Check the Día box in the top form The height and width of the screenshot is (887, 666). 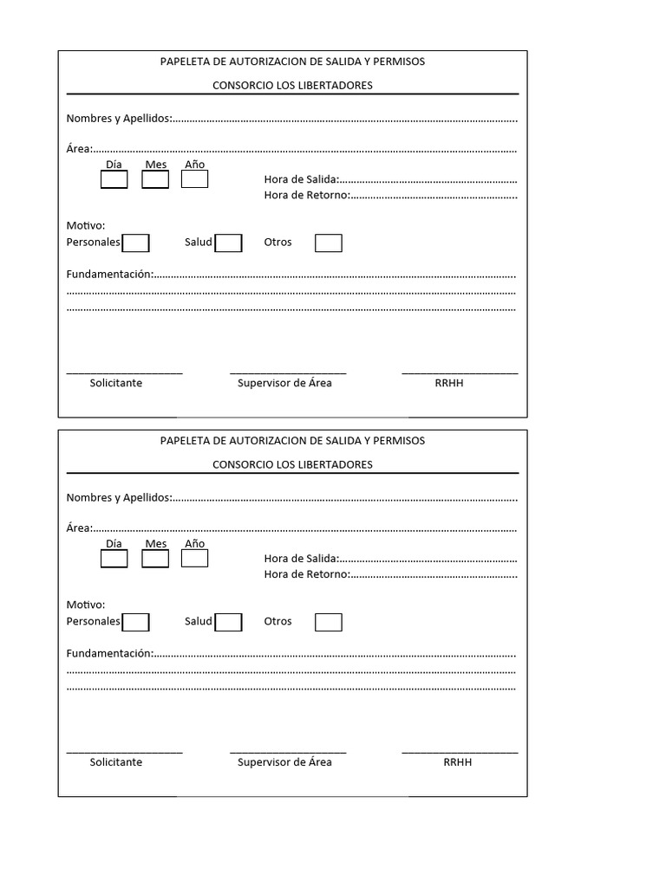click(x=114, y=179)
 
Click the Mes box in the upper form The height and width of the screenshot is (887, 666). click(x=155, y=179)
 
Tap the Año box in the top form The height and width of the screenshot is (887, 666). click(x=194, y=179)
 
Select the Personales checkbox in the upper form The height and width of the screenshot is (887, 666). click(x=135, y=243)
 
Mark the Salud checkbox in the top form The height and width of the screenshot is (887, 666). click(x=228, y=243)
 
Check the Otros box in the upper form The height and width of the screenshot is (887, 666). click(x=328, y=243)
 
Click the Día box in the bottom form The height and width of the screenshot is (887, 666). click(x=114, y=559)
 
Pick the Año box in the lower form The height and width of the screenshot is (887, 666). click(x=194, y=559)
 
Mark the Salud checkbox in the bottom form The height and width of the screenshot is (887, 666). click(x=228, y=623)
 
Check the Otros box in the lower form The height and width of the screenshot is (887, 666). click(x=328, y=623)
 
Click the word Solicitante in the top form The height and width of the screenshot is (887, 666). click(x=115, y=383)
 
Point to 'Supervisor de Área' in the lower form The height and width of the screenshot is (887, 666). click(x=284, y=762)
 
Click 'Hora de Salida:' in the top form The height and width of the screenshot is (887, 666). click(x=301, y=179)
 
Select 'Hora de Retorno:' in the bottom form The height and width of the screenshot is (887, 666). click(x=306, y=574)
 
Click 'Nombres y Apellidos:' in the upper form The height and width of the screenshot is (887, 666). click(x=119, y=119)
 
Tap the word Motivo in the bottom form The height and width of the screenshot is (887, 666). click(x=85, y=605)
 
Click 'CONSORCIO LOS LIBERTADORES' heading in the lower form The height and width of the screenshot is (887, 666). click(x=292, y=464)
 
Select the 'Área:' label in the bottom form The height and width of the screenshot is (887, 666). click(x=79, y=528)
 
